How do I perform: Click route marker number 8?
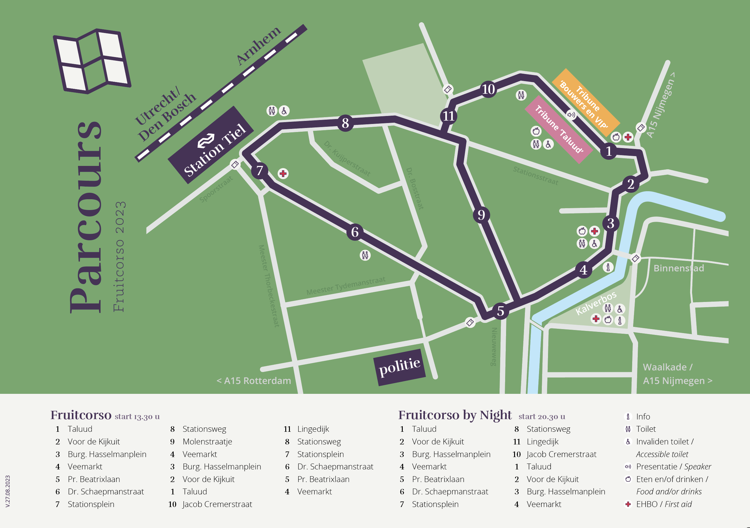(x=345, y=123)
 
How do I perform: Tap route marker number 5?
(x=501, y=311)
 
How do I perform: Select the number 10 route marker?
(x=488, y=89)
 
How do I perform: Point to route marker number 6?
(x=355, y=232)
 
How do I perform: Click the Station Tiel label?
(x=211, y=145)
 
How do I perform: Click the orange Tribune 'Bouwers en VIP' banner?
(x=586, y=102)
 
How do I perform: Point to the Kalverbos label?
(x=596, y=303)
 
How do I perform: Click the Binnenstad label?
(x=679, y=268)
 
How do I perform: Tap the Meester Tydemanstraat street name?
(x=346, y=286)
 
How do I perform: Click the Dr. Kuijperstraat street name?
(x=347, y=159)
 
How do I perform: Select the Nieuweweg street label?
(x=494, y=347)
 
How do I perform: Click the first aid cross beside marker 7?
(x=283, y=174)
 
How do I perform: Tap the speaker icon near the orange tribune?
(x=571, y=115)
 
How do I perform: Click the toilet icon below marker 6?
(x=365, y=255)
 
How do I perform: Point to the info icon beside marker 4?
(x=608, y=267)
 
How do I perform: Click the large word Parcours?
(x=86, y=217)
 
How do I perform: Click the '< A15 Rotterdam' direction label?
(x=254, y=381)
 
